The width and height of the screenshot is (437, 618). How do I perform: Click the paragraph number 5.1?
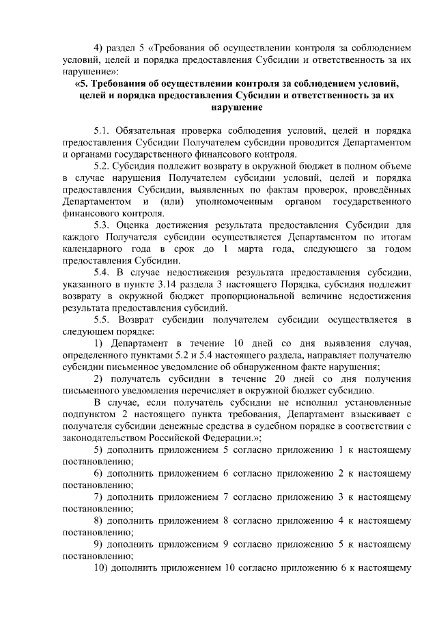tap(103, 129)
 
